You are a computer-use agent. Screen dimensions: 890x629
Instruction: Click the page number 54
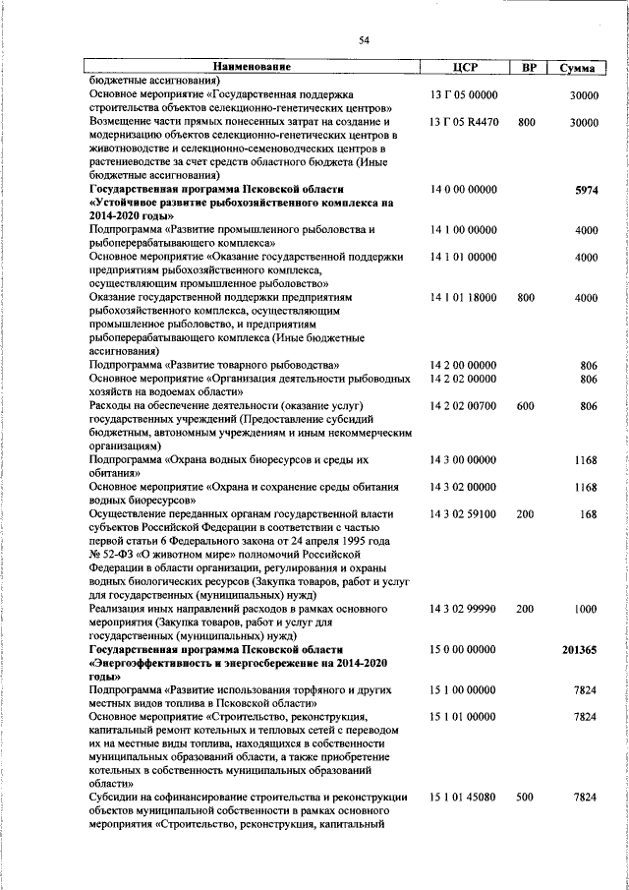[x=364, y=39]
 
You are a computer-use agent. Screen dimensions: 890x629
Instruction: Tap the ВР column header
[x=528, y=67]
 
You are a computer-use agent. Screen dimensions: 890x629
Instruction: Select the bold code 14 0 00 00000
[x=465, y=188]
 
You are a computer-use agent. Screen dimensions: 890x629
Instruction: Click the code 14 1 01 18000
[x=465, y=297]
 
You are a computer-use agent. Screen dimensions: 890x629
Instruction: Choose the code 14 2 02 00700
[x=465, y=405]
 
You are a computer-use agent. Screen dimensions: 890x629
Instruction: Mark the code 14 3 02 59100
[x=465, y=513]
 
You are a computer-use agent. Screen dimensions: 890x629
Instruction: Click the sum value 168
[x=588, y=513]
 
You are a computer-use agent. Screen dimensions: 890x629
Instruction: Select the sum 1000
[x=585, y=610]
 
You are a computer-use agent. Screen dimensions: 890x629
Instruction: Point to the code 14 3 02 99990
[x=465, y=610]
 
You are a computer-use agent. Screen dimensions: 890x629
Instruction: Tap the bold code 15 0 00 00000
[x=465, y=651]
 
